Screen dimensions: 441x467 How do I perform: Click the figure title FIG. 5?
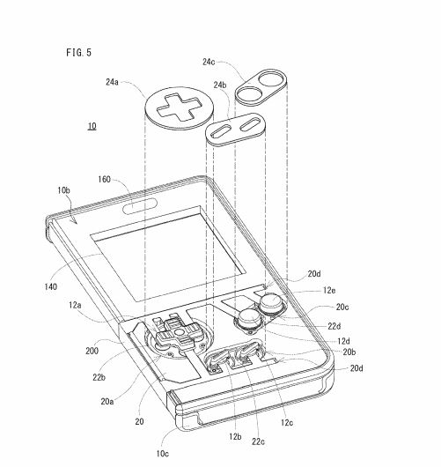(x=79, y=53)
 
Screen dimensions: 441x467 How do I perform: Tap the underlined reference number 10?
(x=92, y=126)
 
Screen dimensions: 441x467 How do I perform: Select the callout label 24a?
(x=112, y=82)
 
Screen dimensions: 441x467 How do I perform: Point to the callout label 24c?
(x=209, y=62)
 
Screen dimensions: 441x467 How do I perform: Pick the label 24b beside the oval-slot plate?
(x=220, y=85)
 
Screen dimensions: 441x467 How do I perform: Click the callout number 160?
(x=104, y=179)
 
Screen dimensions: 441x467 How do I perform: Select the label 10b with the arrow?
(x=63, y=190)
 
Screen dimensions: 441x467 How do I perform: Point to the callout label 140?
(x=50, y=287)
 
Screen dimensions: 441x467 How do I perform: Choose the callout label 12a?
(x=75, y=305)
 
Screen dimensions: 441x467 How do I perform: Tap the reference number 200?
(x=92, y=351)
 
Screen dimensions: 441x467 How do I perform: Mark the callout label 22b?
(x=99, y=377)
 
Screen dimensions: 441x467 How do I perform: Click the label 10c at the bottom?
(x=163, y=454)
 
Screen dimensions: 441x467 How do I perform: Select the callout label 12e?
(x=329, y=290)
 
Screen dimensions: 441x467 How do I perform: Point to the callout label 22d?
(x=334, y=326)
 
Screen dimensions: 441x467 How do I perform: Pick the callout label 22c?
(x=258, y=441)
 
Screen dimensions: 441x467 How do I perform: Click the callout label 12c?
(x=287, y=422)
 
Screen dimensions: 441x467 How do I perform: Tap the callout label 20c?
(x=342, y=307)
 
